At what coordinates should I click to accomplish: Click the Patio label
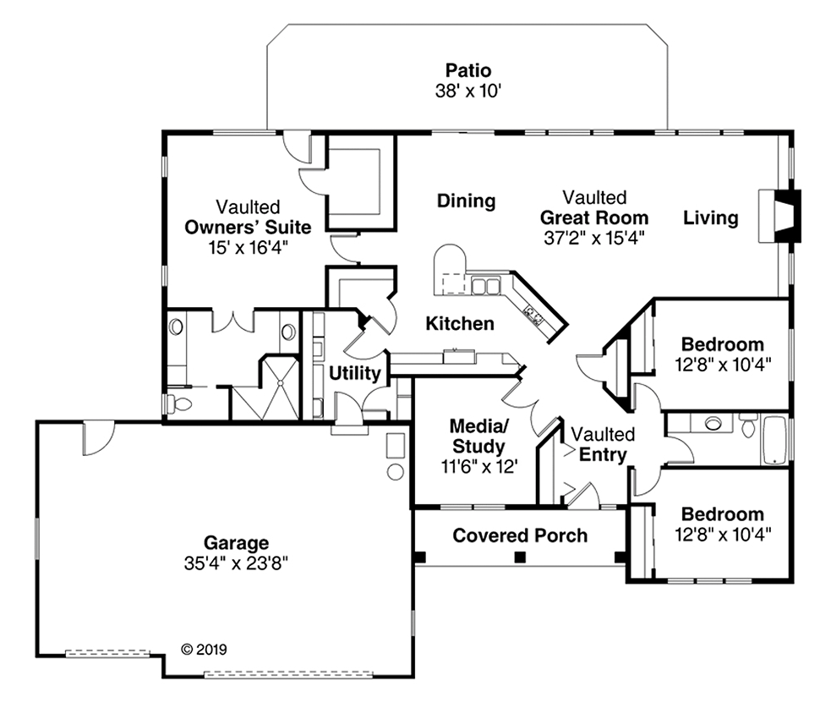pos(468,71)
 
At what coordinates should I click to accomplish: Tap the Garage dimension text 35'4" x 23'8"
pos(236,562)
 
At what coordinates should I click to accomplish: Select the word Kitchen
pos(459,323)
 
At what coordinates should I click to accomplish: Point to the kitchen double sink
pos(485,286)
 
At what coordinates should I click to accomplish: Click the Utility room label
pos(354,373)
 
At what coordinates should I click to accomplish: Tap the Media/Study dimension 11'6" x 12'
pos(477,464)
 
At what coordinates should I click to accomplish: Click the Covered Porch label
pos(519,535)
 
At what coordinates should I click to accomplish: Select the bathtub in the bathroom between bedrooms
pos(774,440)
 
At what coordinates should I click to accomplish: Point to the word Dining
pos(466,201)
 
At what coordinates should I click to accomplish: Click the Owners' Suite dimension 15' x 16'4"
pos(248,247)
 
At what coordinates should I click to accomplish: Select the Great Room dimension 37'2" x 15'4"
pos(594,238)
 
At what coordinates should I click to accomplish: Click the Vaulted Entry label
pos(603,445)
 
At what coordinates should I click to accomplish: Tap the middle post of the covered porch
pos(520,557)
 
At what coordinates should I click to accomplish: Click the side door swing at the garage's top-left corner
pos(95,437)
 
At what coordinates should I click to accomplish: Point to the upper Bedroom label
pos(722,345)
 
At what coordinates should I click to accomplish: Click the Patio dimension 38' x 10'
pos(468,91)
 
